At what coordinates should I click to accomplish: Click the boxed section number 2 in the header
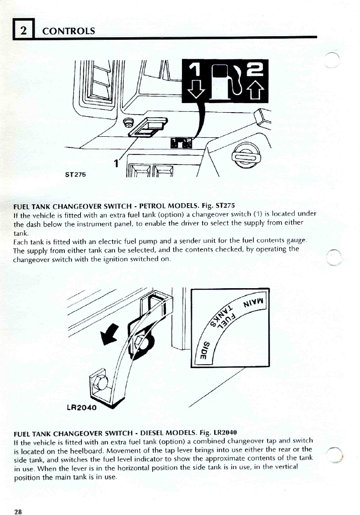tap(24, 30)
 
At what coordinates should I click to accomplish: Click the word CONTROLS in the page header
tap(68, 31)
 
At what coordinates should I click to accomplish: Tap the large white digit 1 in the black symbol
tap(194, 69)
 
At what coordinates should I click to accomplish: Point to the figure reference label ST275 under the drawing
tap(76, 175)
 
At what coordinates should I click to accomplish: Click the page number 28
tap(18, 511)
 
